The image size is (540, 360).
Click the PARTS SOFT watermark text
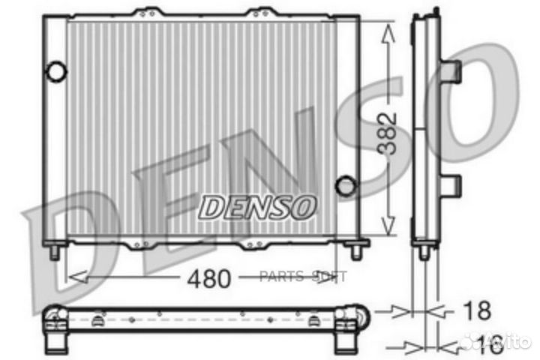tap(304, 277)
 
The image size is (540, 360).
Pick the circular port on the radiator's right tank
tap(345, 185)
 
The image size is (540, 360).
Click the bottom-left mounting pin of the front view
tap(55, 252)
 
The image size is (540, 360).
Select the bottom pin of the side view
tap(424, 252)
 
